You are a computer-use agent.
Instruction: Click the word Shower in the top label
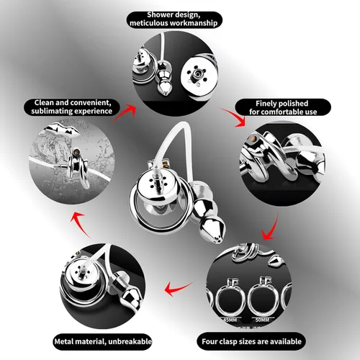coord(160,14)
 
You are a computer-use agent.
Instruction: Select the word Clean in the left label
coord(45,102)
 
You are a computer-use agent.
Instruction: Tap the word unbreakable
coord(130,341)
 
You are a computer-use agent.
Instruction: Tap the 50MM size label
coord(262,320)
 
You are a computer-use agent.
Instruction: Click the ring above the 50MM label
coord(249,300)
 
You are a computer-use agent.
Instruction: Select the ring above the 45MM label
coord(217,300)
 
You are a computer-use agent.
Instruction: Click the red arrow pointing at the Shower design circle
coord(124,114)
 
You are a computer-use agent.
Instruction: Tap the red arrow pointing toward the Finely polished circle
coord(234,117)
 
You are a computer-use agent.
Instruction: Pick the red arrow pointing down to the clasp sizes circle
coord(271,228)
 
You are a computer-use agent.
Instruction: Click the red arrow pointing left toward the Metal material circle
coord(179,288)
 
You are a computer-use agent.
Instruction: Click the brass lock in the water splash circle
coord(76,152)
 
